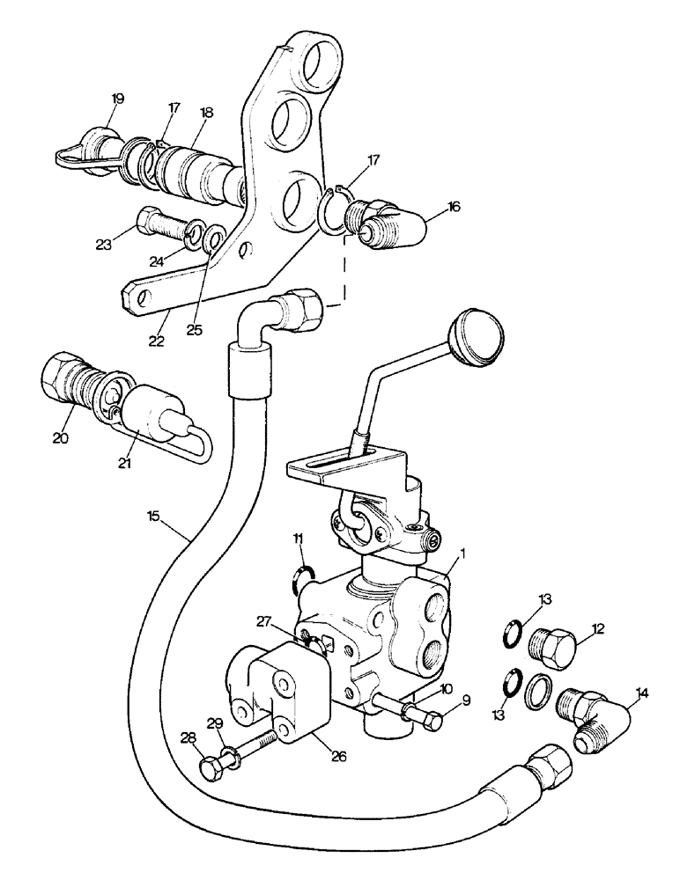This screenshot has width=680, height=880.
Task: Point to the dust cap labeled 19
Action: point(92,142)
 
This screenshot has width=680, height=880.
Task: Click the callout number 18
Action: point(207,114)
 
